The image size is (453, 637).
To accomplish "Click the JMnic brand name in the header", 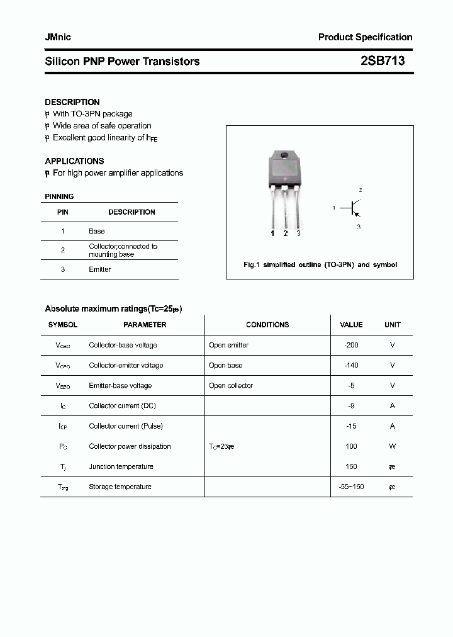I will click(x=58, y=37).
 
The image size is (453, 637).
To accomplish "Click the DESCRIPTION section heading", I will click(x=72, y=102).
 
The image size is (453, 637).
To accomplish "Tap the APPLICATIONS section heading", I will click(x=74, y=161).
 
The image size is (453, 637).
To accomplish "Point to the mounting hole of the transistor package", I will click(x=284, y=155).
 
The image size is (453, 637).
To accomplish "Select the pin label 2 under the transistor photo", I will click(x=286, y=234).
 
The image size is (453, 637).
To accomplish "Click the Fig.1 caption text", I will click(x=320, y=265).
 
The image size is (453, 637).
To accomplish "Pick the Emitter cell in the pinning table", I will click(x=99, y=269).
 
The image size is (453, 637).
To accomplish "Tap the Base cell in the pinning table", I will click(x=96, y=232).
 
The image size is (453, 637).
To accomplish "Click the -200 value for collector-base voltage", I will click(x=351, y=345).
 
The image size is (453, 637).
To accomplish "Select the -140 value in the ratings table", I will click(x=351, y=365).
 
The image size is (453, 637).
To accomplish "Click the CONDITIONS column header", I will click(x=267, y=325).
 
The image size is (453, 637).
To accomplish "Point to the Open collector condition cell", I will click(x=231, y=385).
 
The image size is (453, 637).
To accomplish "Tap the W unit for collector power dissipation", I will click(x=392, y=446).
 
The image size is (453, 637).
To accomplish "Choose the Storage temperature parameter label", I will click(x=120, y=487).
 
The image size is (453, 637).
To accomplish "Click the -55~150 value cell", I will click(x=351, y=487).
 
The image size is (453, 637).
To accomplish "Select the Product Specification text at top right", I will click(x=365, y=37).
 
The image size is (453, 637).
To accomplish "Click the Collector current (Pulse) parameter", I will click(x=126, y=426).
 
